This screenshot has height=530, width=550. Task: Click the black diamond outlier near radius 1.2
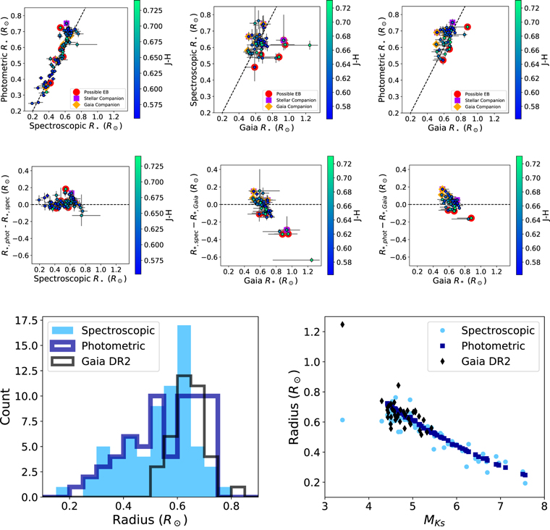[x=342, y=324]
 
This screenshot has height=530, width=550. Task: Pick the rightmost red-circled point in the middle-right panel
[x=471, y=218]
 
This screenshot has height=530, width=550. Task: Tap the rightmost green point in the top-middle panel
[x=310, y=45]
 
